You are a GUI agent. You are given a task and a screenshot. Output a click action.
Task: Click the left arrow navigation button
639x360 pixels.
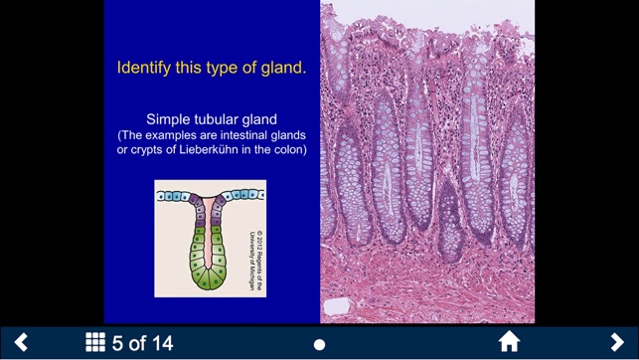pos(20,343)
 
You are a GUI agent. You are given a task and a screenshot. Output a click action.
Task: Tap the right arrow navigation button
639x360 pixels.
pos(617,343)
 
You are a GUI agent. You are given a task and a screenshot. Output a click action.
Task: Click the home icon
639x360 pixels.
pos(509,343)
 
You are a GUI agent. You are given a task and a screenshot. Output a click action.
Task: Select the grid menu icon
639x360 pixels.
pos(95,343)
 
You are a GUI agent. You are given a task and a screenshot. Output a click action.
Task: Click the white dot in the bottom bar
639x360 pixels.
pos(319,344)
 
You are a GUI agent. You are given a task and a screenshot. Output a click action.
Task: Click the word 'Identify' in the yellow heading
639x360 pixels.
pos(145,69)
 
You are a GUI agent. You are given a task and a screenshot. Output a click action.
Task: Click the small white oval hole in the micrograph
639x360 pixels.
pos(338,305)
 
